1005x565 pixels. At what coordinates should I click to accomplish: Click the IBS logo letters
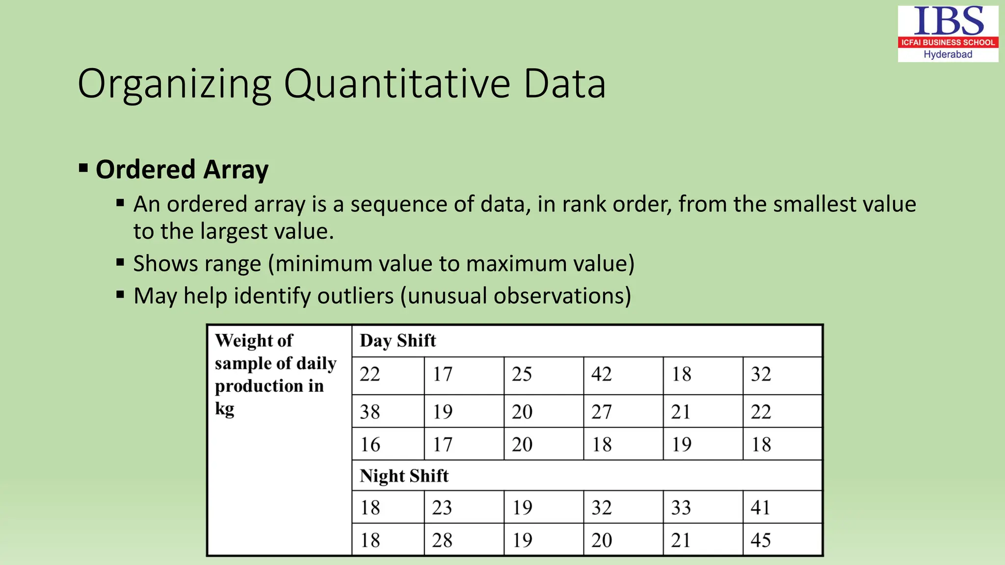948,22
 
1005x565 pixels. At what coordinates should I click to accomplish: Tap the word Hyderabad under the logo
948,54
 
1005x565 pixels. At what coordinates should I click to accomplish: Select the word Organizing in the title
174,84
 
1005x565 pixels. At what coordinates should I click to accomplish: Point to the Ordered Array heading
182,170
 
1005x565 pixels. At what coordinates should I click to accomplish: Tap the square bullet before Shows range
120,263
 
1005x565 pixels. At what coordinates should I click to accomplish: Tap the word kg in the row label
224,409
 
